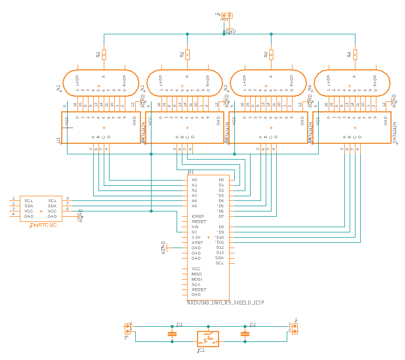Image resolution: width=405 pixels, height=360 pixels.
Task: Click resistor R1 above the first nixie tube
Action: (104, 55)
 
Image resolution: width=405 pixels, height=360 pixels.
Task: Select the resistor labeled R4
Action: (355, 55)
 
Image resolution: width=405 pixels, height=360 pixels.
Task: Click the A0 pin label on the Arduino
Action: (195, 180)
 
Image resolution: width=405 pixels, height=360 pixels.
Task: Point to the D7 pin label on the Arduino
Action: (221, 216)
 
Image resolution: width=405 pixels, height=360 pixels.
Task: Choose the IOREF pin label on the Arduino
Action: (198, 216)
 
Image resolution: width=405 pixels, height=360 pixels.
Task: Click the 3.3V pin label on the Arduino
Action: (196, 237)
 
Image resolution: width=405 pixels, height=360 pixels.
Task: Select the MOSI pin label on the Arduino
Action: (196, 279)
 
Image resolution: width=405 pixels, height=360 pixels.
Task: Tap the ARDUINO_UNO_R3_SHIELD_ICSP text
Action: (225, 303)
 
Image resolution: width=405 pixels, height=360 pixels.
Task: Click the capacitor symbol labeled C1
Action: (171, 334)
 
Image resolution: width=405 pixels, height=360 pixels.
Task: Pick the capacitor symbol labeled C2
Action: (245, 334)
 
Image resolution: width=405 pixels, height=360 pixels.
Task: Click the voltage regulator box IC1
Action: (208, 338)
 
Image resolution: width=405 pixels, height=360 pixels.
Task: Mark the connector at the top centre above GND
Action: (226, 16)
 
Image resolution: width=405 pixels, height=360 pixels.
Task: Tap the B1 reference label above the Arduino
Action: (191, 172)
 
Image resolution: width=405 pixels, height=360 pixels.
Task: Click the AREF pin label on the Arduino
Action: (197, 242)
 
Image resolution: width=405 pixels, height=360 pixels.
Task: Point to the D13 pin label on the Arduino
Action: (220, 252)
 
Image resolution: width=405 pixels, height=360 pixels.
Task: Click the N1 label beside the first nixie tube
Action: (58, 88)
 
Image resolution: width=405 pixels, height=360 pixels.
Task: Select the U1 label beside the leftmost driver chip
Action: (58, 140)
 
